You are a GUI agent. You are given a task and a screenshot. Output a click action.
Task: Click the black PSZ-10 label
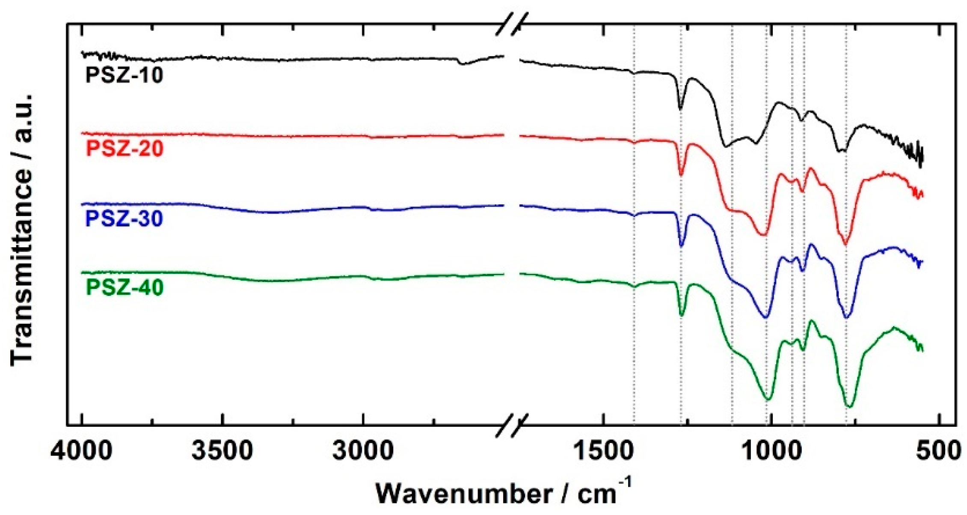click(x=125, y=75)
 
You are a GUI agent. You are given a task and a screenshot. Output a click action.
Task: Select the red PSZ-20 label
click(x=125, y=149)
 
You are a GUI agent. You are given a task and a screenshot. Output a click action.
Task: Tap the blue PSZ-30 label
click(x=125, y=219)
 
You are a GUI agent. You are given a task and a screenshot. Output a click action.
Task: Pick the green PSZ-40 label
click(x=125, y=287)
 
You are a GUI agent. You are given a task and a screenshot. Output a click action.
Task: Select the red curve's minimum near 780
click(x=845, y=244)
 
